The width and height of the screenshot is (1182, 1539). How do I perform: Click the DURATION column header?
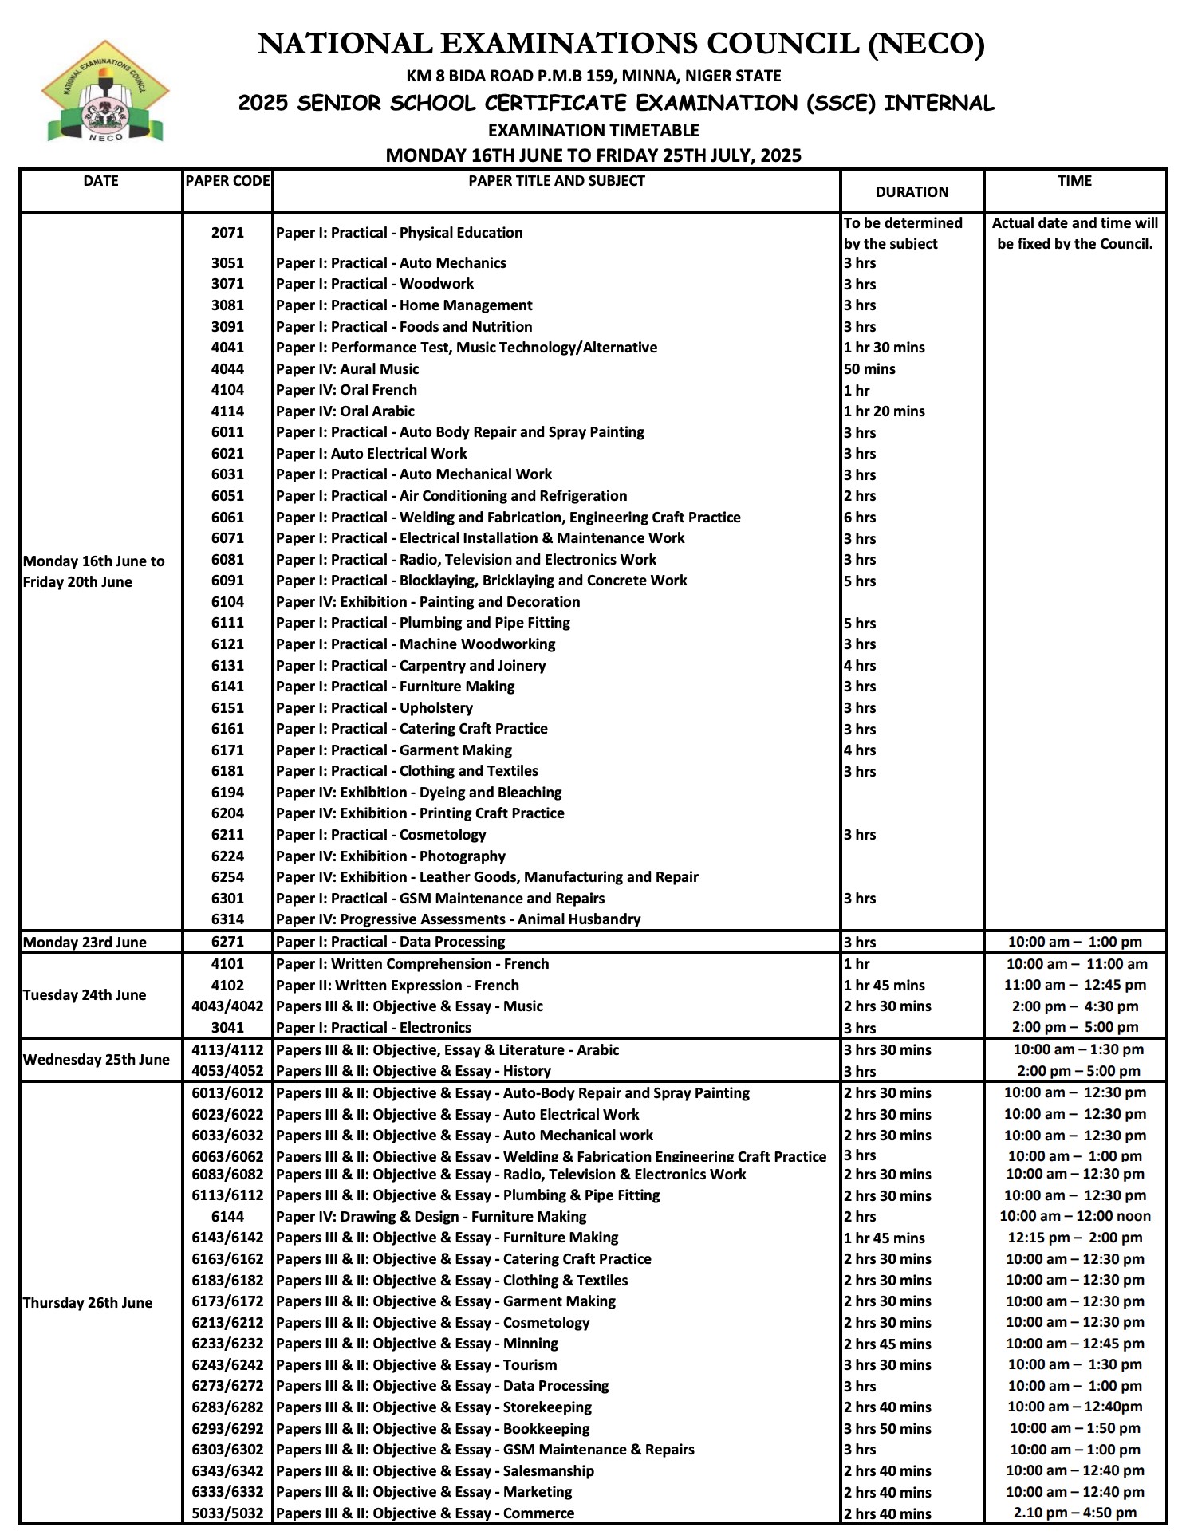912,191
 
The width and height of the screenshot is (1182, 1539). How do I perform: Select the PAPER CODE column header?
227,181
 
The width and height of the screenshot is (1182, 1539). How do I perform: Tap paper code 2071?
227,233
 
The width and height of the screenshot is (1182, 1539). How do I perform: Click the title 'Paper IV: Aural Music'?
347,369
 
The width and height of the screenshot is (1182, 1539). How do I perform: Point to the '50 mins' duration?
869,369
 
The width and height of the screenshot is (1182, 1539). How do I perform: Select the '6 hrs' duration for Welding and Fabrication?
860,517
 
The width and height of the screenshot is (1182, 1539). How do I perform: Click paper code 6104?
227,602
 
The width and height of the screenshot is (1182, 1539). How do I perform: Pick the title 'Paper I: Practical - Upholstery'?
374,708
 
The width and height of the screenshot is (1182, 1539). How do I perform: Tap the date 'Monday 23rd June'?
85,942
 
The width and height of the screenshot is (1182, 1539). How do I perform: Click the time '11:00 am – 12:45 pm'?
1074,985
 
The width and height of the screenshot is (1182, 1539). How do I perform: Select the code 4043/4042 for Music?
227,1006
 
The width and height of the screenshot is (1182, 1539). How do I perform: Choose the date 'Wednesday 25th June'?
96,1060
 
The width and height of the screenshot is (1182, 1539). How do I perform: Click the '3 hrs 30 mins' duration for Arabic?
887,1050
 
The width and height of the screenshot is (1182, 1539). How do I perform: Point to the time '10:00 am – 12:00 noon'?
1074,1216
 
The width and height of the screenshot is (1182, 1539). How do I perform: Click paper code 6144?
227,1217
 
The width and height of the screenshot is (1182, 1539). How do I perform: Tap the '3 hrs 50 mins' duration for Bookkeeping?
887,1428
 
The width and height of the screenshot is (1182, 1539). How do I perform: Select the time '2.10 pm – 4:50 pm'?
1074,1513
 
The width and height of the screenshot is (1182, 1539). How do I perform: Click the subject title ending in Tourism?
416,1365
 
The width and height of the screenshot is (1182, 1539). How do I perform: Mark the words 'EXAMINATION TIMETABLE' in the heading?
593,130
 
